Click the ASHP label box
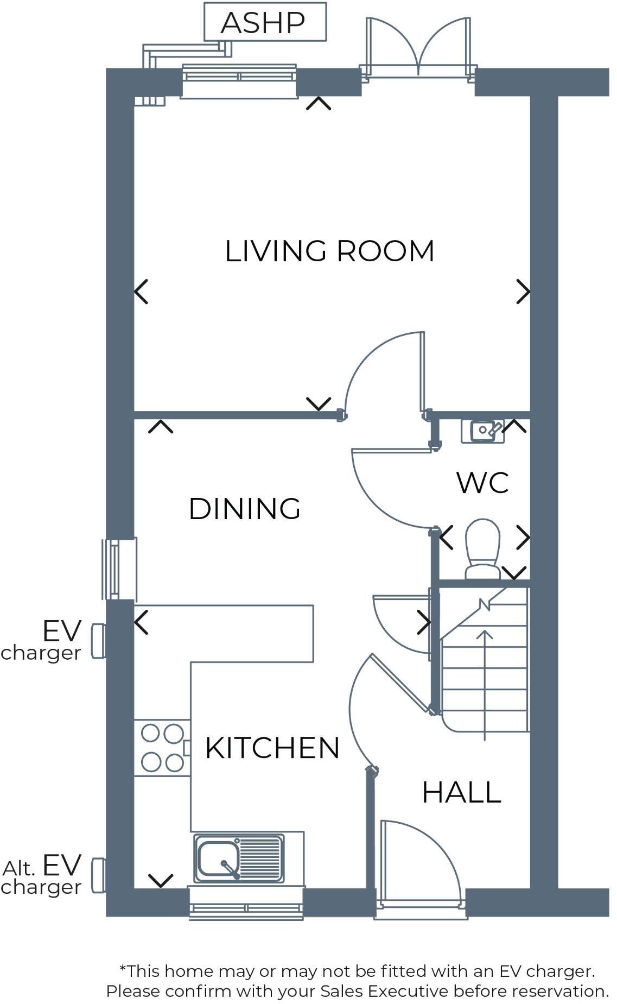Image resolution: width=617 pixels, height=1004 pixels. [264, 22]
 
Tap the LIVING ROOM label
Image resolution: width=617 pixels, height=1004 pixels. [329, 251]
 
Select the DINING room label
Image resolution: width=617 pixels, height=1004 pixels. [244, 509]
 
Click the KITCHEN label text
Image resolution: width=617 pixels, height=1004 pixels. [272, 748]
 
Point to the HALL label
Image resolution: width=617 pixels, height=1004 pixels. [461, 792]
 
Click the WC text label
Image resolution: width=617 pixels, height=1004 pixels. [482, 483]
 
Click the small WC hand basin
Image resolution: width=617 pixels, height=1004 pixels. [482, 431]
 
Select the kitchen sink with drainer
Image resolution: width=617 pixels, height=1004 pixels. [239, 858]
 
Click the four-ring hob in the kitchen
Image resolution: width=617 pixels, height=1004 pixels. [162, 748]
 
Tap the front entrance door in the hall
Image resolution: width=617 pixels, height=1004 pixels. [421, 863]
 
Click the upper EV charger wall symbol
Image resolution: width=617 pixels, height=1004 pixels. [98, 641]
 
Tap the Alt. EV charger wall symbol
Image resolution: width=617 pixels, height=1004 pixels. [98, 875]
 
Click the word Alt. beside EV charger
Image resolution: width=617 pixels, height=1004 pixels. [20, 869]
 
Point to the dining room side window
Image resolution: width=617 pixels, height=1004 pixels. [115, 569]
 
